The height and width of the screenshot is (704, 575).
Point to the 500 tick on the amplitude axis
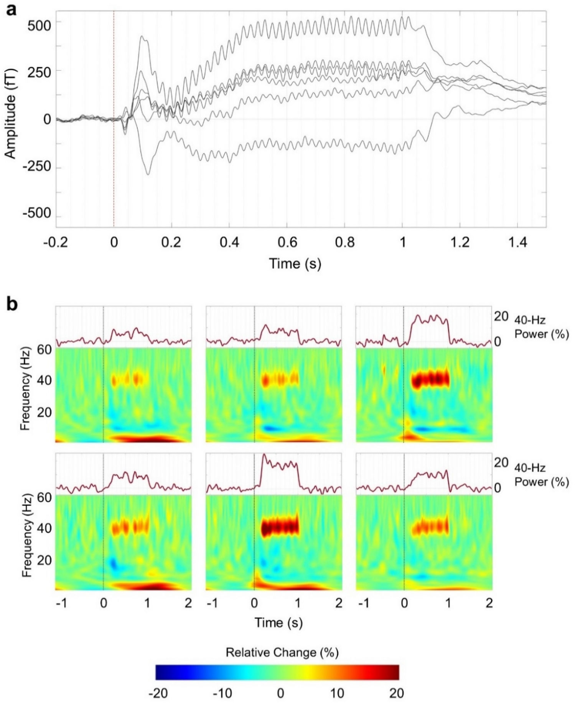39,26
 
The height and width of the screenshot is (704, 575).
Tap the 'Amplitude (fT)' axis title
11,114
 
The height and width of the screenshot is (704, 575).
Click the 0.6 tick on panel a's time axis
287,243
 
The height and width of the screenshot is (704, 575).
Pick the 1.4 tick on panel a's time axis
518,243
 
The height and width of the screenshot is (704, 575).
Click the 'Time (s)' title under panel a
295,264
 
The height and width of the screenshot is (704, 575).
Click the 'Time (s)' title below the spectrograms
278,622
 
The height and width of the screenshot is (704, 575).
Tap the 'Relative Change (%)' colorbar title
282,652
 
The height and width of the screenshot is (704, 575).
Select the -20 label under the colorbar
158,693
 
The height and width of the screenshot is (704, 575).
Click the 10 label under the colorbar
337,693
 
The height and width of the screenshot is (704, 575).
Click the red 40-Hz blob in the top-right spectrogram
430,379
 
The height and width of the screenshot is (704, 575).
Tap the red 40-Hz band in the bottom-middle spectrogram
279,527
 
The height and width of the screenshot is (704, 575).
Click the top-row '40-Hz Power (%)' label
541,327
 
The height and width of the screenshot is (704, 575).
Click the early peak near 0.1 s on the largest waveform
143,37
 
